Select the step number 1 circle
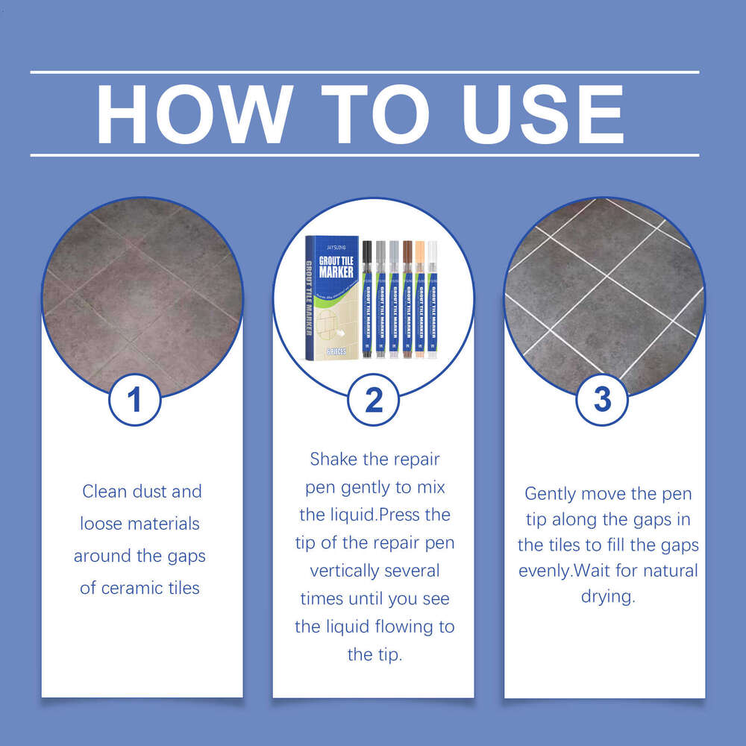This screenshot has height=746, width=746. pos(135,401)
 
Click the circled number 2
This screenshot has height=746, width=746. pos(374,401)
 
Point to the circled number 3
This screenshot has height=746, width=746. pos(602,401)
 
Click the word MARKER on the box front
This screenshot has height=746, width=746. pos(336,272)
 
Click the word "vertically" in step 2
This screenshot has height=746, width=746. pos(345,571)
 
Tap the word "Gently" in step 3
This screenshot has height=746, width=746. pos(551,494)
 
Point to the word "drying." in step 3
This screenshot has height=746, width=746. pos(607,597)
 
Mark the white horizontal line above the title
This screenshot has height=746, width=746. pos(364,72)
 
